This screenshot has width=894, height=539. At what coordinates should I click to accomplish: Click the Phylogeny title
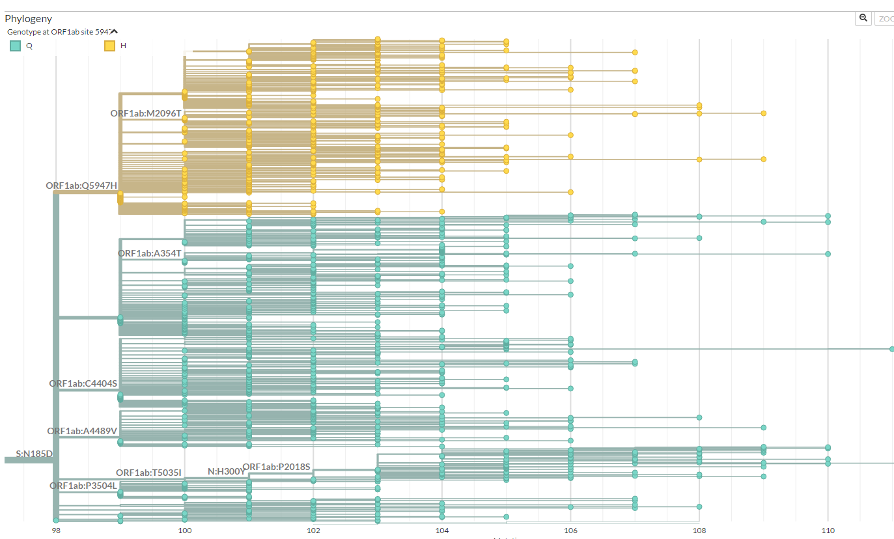pyautogui.click(x=28, y=19)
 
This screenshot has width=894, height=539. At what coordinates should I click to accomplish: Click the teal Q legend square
pyautogui.click(x=15, y=46)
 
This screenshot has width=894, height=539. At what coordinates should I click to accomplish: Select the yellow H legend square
pyautogui.click(x=110, y=46)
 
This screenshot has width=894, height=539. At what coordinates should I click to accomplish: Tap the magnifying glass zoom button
pyautogui.click(x=863, y=19)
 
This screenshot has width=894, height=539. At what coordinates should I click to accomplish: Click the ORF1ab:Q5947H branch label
pyautogui.click(x=81, y=186)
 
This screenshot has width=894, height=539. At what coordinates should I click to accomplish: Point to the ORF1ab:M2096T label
pyautogui.click(x=146, y=113)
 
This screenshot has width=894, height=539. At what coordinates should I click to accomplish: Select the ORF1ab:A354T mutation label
pyautogui.click(x=149, y=253)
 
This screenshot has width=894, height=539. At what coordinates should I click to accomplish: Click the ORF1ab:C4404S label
pyautogui.click(x=83, y=383)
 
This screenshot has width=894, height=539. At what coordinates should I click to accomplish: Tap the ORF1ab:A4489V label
pyautogui.click(x=82, y=431)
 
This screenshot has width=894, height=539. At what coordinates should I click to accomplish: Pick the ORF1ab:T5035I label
pyautogui.click(x=148, y=473)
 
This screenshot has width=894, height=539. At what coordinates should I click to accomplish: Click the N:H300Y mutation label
pyautogui.click(x=226, y=471)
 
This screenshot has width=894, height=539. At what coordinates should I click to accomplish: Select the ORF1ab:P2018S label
pyautogui.click(x=276, y=467)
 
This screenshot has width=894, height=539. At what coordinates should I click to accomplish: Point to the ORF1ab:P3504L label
pyautogui.click(x=83, y=486)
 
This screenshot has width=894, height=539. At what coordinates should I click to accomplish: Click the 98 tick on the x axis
pyautogui.click(x=56, y=531)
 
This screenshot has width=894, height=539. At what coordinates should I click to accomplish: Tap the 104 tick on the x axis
pyautogui.click(x=442, y=531)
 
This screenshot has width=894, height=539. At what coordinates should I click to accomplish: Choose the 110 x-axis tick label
pyautogui.click(x=828, y=531)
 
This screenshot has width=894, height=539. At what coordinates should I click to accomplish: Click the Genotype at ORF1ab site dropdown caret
pyautogui.click(x=114, y=31)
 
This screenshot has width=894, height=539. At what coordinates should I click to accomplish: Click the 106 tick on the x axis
pyautogui.click(x=570, y=531)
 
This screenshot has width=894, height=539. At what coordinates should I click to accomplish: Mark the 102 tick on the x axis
pyautogui.click(x=313, y=531)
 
